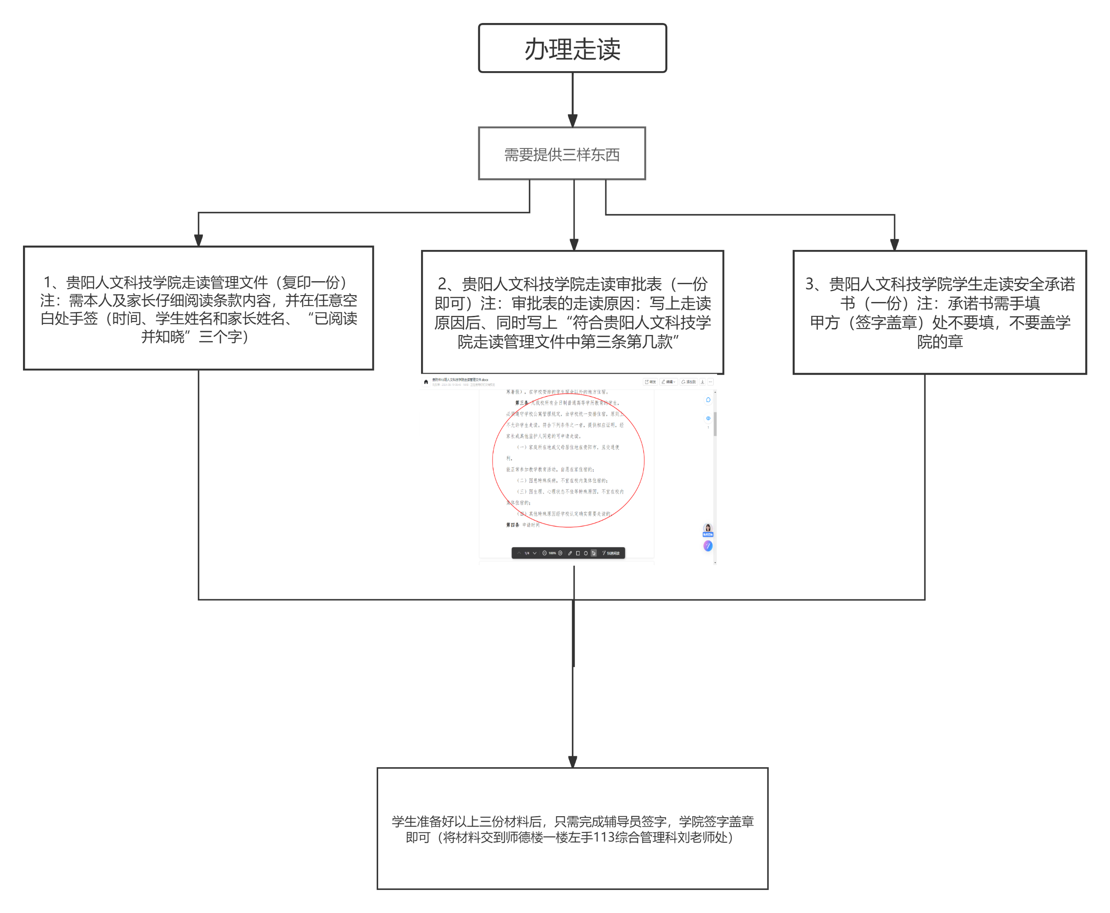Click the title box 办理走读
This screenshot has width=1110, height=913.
(x=572, y=49)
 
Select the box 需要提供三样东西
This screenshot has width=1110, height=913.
(x=562, y=154)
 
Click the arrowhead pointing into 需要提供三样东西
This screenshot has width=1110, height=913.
(x=572, y=121)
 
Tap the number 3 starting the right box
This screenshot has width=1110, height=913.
(x=810, y=284)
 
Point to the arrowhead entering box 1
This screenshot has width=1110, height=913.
(x=198, y=240)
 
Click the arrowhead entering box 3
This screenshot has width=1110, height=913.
(x=894, y=245)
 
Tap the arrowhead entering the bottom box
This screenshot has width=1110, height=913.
(x=572, y=761)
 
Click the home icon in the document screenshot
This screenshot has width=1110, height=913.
(x=426, y=382)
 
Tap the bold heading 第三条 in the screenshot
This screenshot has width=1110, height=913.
(x=521, y=403)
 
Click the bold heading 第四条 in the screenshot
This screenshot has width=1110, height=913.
(x=513, y=525)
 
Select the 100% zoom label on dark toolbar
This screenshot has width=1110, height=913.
(x=552, y=553)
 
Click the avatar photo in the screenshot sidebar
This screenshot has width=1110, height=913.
(x=708, y=528)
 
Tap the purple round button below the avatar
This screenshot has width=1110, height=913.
(x=708, y=546)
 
